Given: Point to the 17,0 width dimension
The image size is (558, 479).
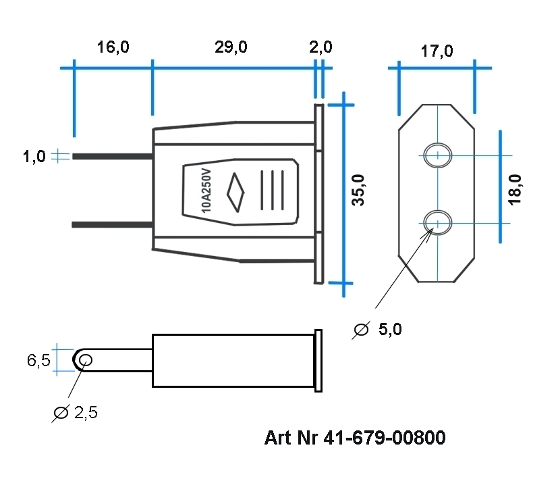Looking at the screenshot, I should pyautogui.click(x=437, y=51).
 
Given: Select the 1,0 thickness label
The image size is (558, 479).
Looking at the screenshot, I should pyautogui.click(x=34, y=157).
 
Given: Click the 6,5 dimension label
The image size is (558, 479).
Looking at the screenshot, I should pyautogui.click(x=38, y=361).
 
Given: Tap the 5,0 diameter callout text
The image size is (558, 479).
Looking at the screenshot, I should pyautogui.click(x=390, y=330).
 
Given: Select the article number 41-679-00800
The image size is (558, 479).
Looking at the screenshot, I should pyautogui.click(x=355, y=438).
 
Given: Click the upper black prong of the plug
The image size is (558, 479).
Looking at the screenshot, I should pyautogui.click(x=112, y=157).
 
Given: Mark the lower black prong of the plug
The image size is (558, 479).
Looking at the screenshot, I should pyautogui.click(x=112, y=224).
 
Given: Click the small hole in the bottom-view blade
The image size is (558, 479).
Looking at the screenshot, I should pyautogui.click(x=85, y=360).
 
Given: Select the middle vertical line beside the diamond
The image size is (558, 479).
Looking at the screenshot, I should pyautogui.click(x=273, y=191).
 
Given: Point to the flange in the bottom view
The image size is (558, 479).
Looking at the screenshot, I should pyautogui.click(x=318, y=360).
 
